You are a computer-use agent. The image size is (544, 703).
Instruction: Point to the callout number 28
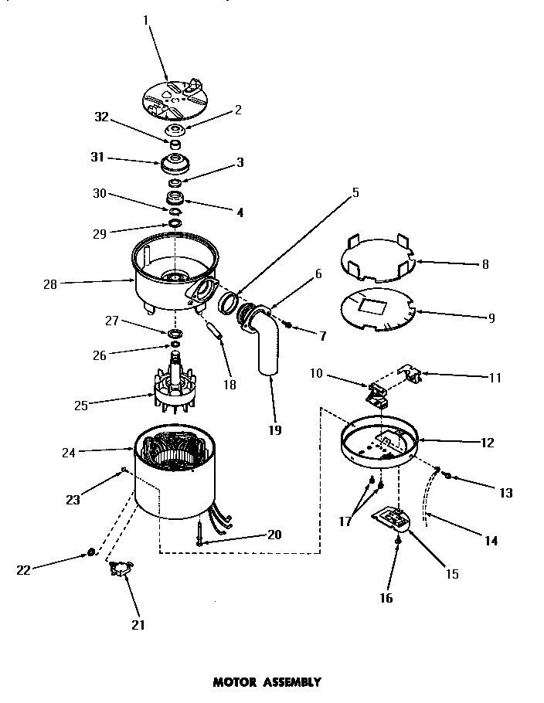(x=51, y=284)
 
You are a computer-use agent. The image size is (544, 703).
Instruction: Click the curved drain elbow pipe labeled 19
(x=269, y=344)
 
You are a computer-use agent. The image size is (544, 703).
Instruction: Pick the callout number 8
(x=484, y=263)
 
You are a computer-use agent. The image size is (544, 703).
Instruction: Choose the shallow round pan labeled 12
(x=381, y=444)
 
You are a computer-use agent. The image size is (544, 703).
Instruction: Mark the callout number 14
(x=490, y=541)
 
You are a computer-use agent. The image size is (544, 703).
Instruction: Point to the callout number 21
(x=138, y=624)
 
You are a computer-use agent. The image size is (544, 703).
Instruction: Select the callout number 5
(x=355, y=192)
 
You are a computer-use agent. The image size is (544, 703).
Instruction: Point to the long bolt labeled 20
(x=199, y=532)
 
